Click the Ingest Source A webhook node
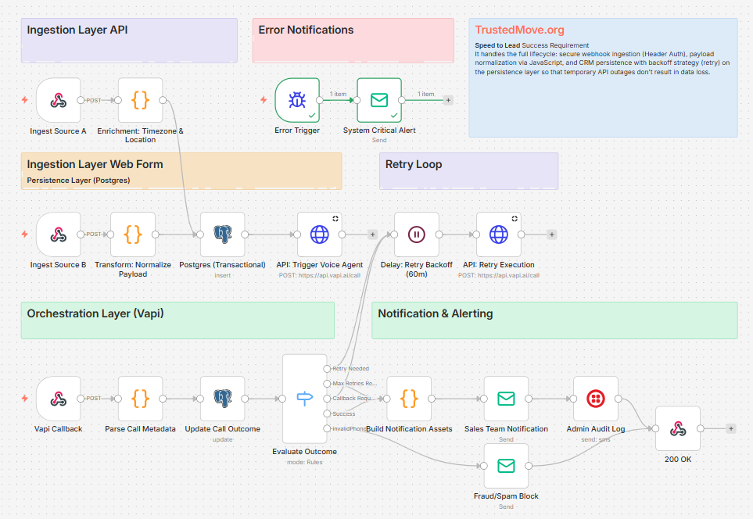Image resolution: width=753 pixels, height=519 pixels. click(x=58, y=100)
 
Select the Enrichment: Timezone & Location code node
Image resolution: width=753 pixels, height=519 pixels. click(x=141, y=100)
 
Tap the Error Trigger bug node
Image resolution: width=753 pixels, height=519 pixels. click(x=297, y=100)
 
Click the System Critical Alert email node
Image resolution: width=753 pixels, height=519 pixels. click(x=379, y=100)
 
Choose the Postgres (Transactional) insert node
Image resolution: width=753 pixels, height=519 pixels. click(x=223, y=234)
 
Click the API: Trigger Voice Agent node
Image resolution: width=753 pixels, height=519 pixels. click(x=320, y=234)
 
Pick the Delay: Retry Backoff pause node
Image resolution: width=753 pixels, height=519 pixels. click(x=416, y=234)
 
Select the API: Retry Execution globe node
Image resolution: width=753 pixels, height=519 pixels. click(x=499, y=234)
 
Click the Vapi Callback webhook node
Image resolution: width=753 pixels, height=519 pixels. click(x=58, y=399)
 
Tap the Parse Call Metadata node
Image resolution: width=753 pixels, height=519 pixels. click(x=141, y=399)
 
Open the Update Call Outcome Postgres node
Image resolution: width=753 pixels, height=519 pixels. click(x=223, y=399)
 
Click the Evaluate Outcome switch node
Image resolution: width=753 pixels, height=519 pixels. click(x=304, y=399)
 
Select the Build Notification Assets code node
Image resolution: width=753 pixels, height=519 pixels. click(x=409, y=399)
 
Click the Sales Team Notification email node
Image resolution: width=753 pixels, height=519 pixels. click(x=506, y=399)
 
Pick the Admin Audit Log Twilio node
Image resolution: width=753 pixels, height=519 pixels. click(x=595, y=399)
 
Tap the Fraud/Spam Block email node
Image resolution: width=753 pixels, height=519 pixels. click(x=506, y=466)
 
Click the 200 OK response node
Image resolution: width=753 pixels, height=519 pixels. click(x=678, y=429)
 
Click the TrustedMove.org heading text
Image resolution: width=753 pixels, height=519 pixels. click(x=519, y=30)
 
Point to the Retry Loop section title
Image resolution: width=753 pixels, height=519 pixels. click(x=414, y=164)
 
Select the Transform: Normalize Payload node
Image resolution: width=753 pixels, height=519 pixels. click(x=133, y=234)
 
